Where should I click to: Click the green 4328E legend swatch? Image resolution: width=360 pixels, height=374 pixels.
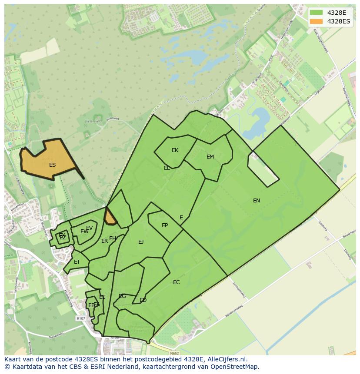[317, 13]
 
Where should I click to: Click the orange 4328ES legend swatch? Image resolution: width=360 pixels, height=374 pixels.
[317, 21]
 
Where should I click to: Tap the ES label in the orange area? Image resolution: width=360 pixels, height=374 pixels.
[52, 165]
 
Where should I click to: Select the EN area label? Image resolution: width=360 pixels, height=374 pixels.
[257, 201]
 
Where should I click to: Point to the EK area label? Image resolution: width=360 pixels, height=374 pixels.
[175, 151]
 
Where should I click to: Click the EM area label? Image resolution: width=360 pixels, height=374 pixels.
[210, 157]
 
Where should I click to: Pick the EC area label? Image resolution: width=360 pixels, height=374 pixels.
[176, 282]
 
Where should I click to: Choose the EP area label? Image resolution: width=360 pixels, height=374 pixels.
[165, 225]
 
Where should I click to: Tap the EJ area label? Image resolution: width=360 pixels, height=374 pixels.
[141, 242]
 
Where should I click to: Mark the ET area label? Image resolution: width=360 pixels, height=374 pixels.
[77, 262]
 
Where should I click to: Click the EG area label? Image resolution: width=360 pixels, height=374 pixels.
[122, 296]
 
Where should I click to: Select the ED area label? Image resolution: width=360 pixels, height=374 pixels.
[143, 300]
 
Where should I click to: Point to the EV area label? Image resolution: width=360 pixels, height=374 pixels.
[89, 228]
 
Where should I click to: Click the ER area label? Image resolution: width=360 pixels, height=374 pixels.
[104, 241]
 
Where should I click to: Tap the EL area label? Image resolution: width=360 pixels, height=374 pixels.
[167, 168]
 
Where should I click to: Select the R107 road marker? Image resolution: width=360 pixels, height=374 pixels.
[80, 318]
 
